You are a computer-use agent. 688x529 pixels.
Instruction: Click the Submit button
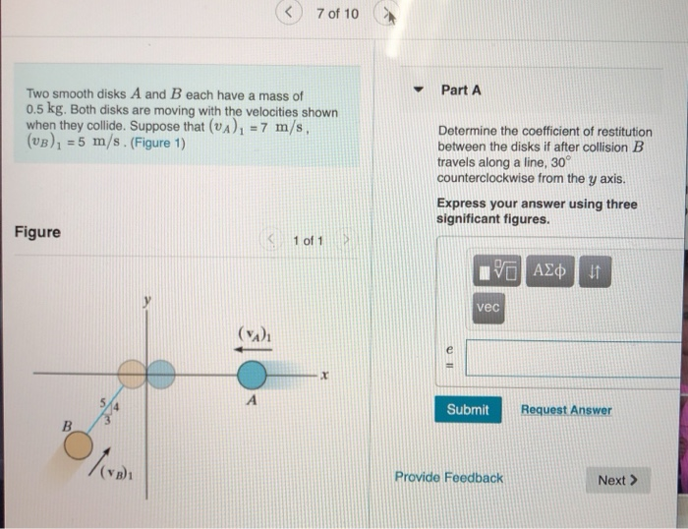468,410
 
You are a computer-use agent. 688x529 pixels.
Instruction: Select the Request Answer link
565,410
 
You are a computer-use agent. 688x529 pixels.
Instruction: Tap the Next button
617,480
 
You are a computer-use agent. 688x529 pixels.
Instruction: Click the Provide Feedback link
448,478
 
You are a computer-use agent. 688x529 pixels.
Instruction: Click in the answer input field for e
575,358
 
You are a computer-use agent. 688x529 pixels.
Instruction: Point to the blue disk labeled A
252,375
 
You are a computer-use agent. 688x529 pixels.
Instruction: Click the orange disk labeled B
78,445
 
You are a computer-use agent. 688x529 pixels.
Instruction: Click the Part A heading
461,90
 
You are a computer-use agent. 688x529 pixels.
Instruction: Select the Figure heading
37,232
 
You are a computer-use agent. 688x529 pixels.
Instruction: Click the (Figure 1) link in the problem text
158,144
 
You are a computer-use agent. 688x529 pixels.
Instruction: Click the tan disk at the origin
133,375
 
